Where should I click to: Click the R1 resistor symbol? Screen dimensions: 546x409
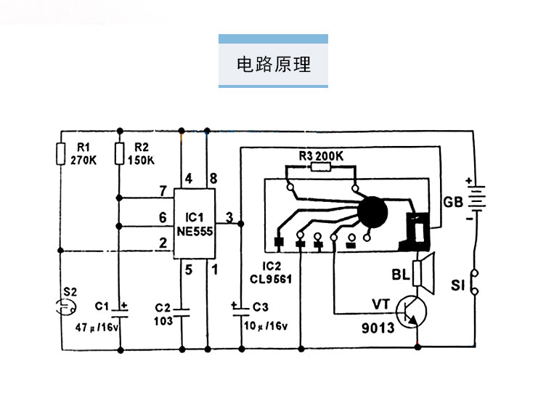(x=61, y=153)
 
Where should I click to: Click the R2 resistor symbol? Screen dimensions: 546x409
(x=120, y=153)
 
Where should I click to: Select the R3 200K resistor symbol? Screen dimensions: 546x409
(x=320, y=167)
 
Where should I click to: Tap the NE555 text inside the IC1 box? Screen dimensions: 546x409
(x=195, y=231)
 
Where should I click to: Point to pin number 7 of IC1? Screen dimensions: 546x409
(x=163, y=191)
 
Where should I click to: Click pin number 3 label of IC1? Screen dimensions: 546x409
(x=229, y=217)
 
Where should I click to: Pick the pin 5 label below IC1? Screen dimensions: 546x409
(x=188, y=270)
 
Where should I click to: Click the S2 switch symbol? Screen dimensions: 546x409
(x=65, y=307)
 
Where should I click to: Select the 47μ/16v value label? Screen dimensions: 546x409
(x=97, y=328)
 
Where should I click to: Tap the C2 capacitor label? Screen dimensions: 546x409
(x=162, y=308)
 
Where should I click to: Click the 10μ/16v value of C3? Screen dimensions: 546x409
(x=266, y=325)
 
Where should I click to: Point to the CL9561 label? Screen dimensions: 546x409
(x=271, y=279)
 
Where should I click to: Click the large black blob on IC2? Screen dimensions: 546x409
(x=372, y=212)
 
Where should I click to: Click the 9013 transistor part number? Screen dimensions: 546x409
(x=378, y=328)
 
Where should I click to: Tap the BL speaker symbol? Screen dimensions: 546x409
(x=423, y=273)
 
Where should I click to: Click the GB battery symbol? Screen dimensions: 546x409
(x=477, y=198)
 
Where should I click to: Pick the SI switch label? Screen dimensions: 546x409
(x=458, y=286)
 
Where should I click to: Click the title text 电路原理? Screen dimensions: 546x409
(x=274, y=65)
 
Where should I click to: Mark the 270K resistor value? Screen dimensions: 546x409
(x=83, y=161)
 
